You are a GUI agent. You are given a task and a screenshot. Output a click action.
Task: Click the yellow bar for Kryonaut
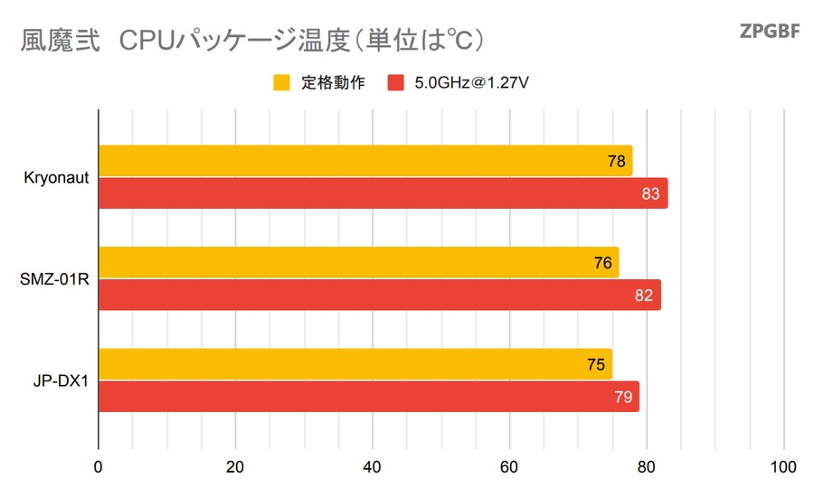pyautogui.click(x=362, y=161)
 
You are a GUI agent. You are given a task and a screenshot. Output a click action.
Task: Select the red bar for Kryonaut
pyautogui.click(x=380, y=193)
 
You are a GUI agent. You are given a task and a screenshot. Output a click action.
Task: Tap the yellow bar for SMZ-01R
pyautogui.click(x=357, y=263)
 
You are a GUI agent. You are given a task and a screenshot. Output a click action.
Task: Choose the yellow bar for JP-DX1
pyautogui.click(x=353, y=364)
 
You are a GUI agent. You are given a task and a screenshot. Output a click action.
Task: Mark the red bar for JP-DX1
pyautogui.click(x=366, y=397)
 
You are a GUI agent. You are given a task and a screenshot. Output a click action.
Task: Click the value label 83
pyautogui.click(x=649, y=193)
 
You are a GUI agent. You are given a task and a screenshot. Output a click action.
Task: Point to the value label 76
pyautogui.click(x=603, y=263)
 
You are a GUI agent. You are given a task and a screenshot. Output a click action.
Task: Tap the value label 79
pyautogui.click(x=622, y=397)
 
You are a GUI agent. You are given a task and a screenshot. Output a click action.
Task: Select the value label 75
pyautogui.click(x=596, y=364)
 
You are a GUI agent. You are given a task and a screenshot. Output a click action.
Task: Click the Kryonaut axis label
pyautogui.click(x=56, y=178)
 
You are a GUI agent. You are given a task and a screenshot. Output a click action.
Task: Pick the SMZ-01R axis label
pyautogui.click(x=54, y=279)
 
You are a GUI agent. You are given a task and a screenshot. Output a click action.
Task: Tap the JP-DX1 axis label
pyautogui.click(x=60, y=380)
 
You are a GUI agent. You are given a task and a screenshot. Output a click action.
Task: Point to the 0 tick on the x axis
pyautogui.click(x=98, y=467)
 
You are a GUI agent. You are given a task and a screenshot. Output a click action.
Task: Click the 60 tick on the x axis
pyautogui.click(x=509, y=467)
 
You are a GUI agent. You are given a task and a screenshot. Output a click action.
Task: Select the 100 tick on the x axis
pyautogui.click(x=783, y=467)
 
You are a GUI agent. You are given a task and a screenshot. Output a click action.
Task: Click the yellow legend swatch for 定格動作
pyautogui.click(x=281, y=83)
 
